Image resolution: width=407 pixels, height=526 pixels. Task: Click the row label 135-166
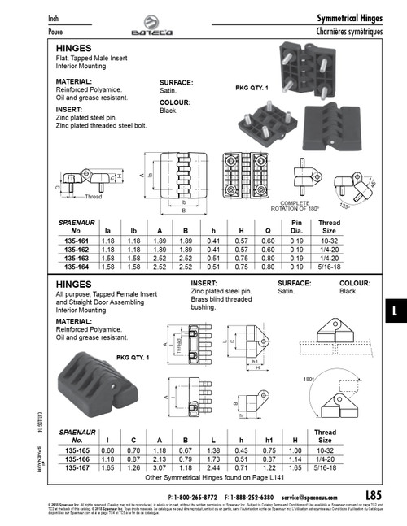coord(76,461)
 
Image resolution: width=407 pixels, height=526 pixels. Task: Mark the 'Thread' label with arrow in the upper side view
coord(93,197)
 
